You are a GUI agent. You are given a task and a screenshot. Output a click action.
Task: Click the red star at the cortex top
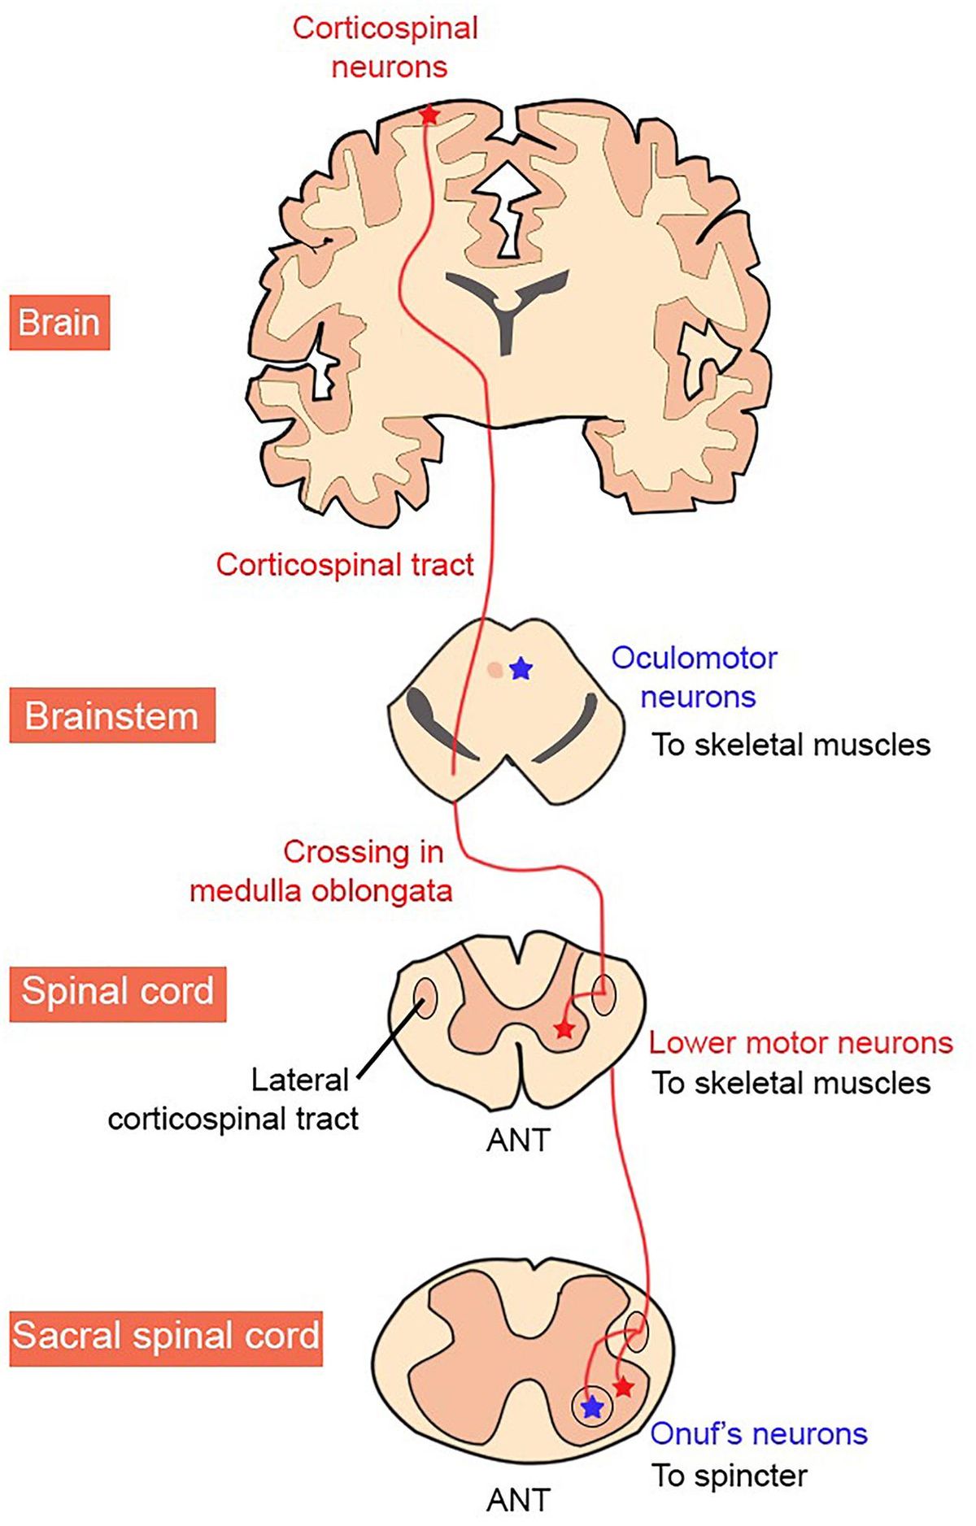coord(429,115)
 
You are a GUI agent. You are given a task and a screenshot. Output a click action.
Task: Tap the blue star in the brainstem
coord(521,669)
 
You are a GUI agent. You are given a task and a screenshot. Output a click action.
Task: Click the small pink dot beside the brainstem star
coord(495,670)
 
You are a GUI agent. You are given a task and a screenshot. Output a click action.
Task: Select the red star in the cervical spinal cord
coord(564,1029)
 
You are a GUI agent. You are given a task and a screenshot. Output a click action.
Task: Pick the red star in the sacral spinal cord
coord(623,1386)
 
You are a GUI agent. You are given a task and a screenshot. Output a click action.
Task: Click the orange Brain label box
coord(59,323)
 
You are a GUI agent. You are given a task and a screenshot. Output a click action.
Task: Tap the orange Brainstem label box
coord(112,716)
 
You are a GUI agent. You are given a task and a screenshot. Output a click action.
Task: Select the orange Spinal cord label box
coord(118,992)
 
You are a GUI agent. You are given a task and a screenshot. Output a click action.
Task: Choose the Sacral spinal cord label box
coord(166,1336)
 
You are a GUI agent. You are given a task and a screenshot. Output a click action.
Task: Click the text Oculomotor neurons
coord(696,677)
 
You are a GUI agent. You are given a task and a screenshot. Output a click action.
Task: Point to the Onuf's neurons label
coord(758,1433)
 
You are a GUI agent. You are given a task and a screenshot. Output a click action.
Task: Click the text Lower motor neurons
coord(800,1042)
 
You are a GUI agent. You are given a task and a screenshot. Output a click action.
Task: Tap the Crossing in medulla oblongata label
coord(322,871)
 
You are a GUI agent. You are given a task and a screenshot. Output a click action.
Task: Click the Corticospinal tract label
coord(345,564)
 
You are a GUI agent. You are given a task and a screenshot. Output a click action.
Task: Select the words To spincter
coord(730,1475)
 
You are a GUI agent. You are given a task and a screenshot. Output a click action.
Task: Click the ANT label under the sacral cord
coord(518,1499)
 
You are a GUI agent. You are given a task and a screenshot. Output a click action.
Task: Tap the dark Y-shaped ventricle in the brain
coord(507,305)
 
